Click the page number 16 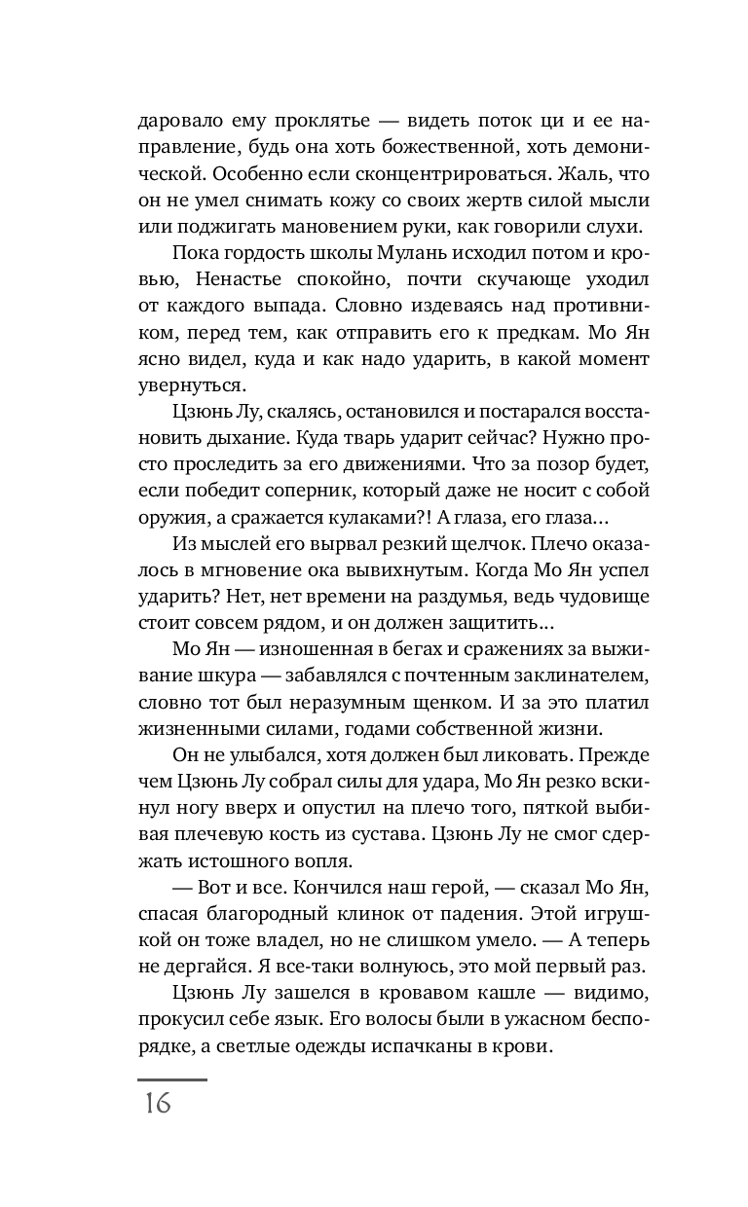coord(155,1104)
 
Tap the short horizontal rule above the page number coord(171,1079)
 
